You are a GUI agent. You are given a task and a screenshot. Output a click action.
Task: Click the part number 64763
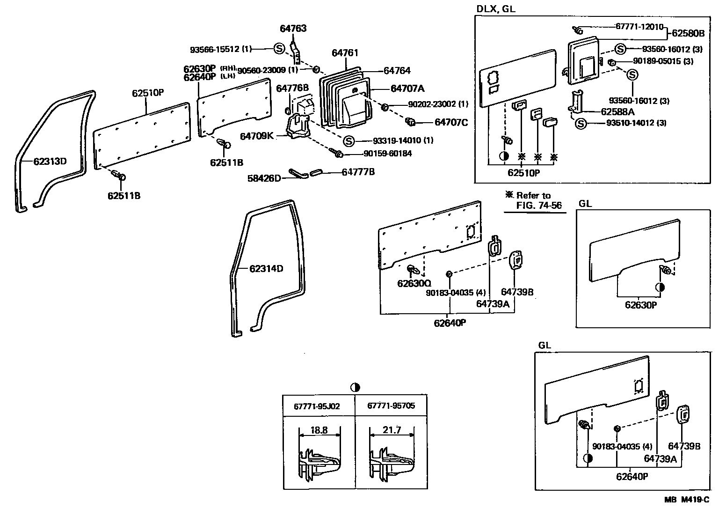293,29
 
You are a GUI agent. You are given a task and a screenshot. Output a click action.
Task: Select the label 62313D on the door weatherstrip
50,162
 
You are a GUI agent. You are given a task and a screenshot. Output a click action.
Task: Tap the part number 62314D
266,269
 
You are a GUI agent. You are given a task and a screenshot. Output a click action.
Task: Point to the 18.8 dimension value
319,430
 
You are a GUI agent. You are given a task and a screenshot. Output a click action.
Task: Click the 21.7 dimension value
392,430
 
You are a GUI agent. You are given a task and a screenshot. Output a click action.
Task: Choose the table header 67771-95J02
317,406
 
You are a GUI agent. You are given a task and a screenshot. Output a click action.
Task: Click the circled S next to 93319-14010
349,141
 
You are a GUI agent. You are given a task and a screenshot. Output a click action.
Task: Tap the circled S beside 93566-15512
279,48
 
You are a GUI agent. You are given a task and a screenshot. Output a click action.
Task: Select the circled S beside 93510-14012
581,124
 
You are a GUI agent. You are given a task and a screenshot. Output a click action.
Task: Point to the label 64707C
451,122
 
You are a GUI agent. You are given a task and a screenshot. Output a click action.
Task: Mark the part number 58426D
264,178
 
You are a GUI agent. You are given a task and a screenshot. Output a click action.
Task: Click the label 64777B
358,172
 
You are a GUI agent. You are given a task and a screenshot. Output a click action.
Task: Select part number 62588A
617,111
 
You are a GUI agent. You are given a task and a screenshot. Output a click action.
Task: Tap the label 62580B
688,33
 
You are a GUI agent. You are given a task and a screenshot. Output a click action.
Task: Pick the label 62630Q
414,283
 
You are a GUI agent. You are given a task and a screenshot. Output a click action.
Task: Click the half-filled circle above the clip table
355,387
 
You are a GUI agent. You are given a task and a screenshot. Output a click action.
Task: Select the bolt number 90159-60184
387,154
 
